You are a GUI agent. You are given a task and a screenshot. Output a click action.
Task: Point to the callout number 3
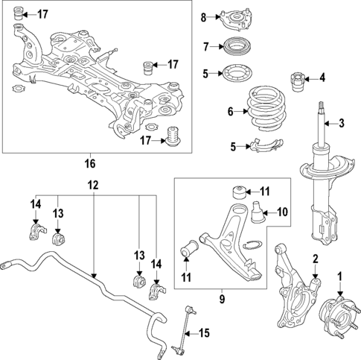pyautogui.click(x=342, y=124)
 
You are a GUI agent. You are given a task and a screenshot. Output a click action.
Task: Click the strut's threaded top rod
pyautogui.click(x=321, y=112)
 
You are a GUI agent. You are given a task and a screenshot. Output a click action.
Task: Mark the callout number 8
pyautogui.click(x=202, y=17)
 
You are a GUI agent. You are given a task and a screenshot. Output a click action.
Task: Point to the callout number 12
pyautogui.click(x=92, y=185)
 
